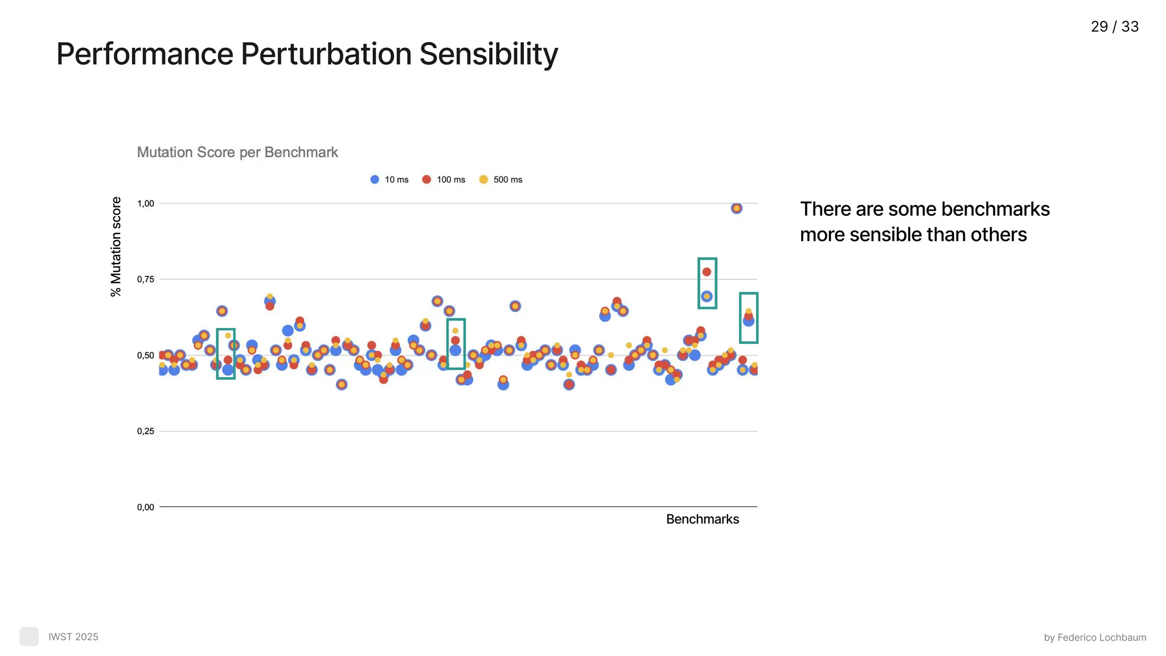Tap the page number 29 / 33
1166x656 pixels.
coord(1114,27)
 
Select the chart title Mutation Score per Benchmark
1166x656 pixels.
coord(237,153)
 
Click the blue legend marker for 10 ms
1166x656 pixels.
coord(375,179)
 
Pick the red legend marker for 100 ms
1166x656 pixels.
coord(426,179)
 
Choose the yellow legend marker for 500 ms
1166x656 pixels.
coord(483,179)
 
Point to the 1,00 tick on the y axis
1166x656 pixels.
coord(146,203)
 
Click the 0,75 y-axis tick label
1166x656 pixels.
coord(146,279)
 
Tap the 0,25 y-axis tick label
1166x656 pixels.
coord(146,431)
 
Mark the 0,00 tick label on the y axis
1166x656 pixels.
coord(146,507)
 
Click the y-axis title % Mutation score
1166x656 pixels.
coord(116,247)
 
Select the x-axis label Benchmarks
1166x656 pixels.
coord(702,519)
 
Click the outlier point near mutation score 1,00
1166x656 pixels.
coord(736,208)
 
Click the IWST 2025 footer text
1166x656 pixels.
coord(73,637)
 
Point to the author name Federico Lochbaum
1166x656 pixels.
coord(1101,638)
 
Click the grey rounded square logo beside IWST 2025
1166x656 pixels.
coord(29,637)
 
